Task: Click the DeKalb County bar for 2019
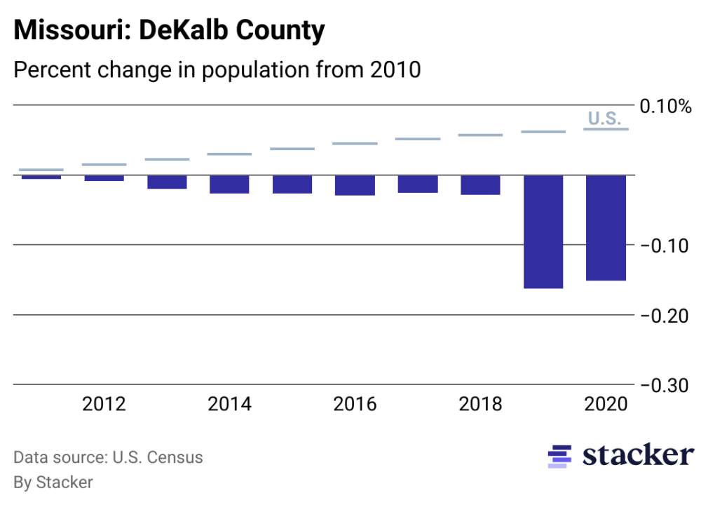[x=543, y=231]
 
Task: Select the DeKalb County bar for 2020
[x=606, y=228]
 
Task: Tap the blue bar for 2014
[x=229, y=184]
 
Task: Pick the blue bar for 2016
[x=355, y=185]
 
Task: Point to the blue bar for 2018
[x=480, y=184]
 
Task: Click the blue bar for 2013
[x=167, y=182]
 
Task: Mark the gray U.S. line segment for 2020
[x=606, y=129]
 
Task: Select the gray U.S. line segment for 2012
[x=104, y=164]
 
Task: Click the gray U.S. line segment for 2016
[x=355, y=144]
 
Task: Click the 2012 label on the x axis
[x=104, y=405]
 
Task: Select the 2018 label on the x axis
[x=480, y=405]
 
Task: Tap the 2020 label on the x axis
[x=606, y=405]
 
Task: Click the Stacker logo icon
[x=559, y=456]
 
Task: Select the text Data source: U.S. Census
[x=108, y=458]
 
